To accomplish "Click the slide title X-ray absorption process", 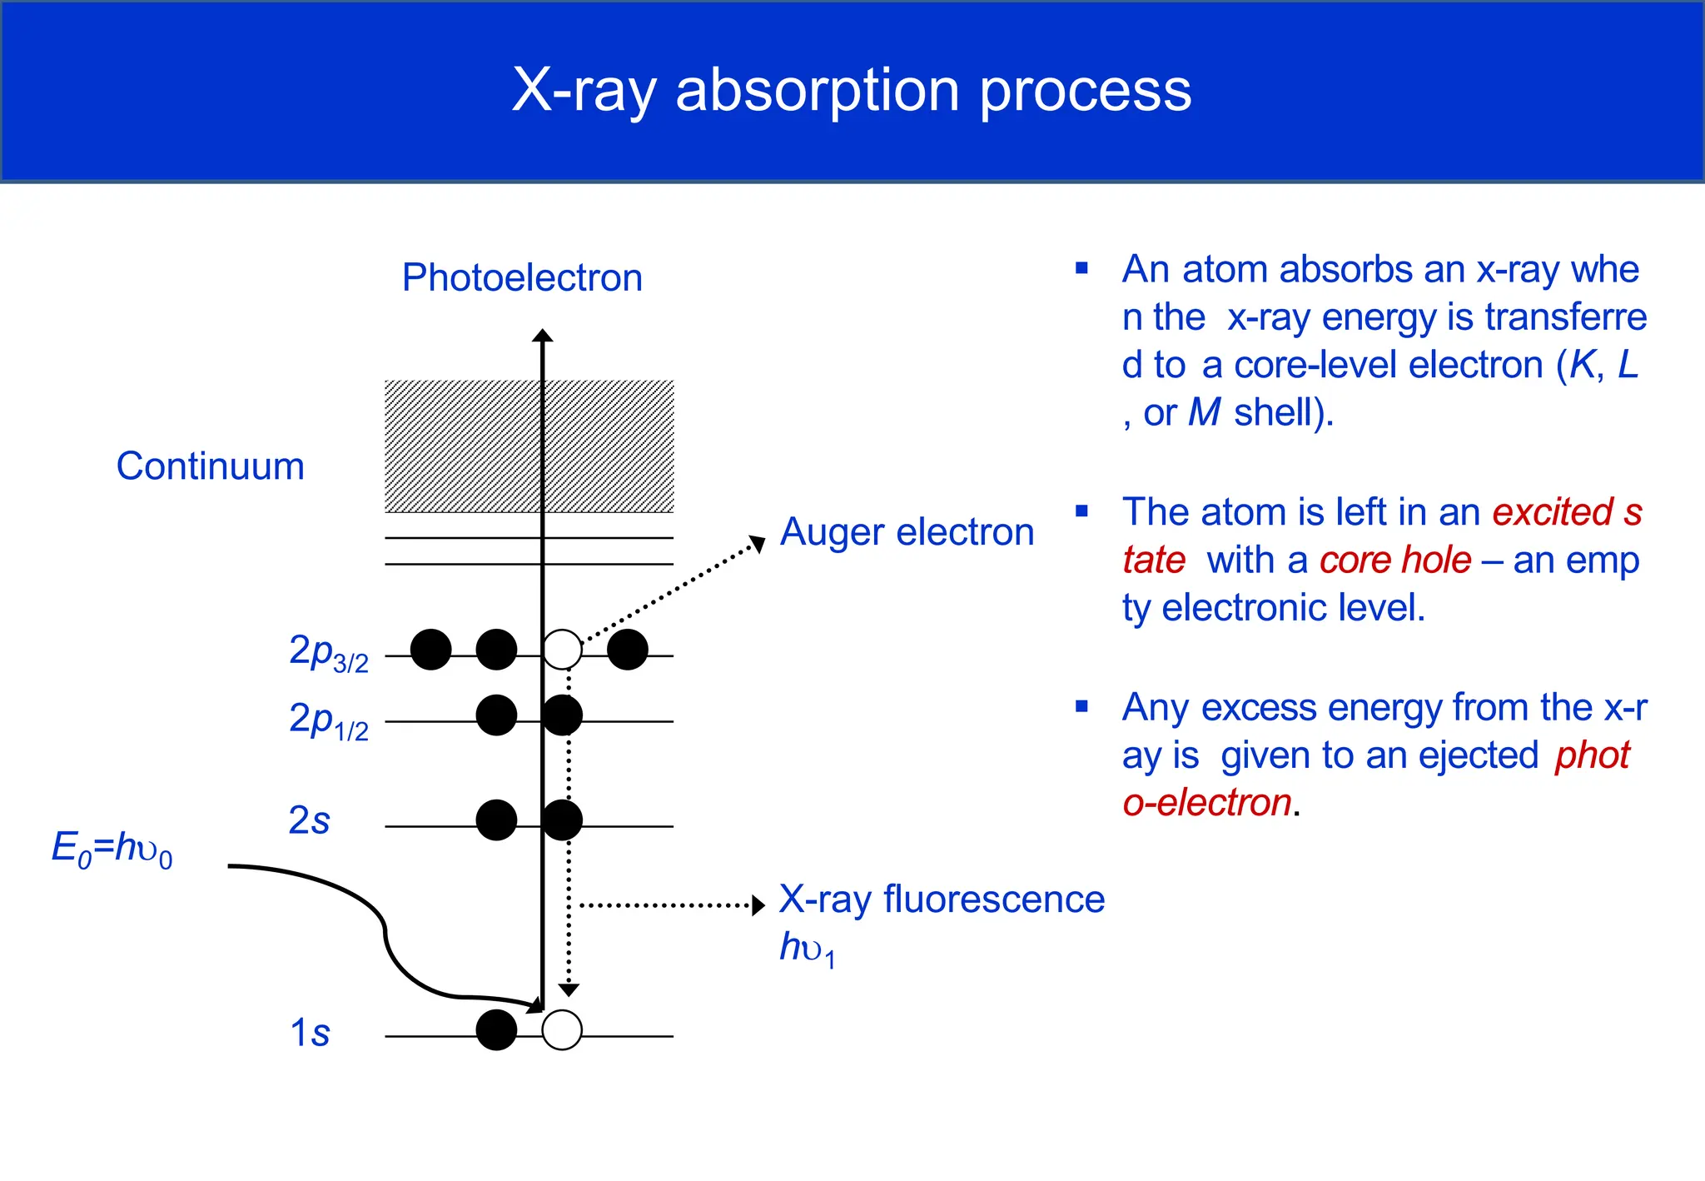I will click(851, 90).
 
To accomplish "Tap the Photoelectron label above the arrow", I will click(522, 277).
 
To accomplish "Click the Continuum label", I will click(210, 466).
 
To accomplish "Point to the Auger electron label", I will click(907, 532).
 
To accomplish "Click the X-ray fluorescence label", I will click(941, 899).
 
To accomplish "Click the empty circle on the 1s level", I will click(562, 1030).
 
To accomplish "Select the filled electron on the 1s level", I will click(496, 1030).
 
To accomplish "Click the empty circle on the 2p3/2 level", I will click(562, 650).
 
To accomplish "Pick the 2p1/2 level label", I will click(328, 720).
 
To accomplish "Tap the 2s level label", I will click(309, 820).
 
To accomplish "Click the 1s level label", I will click(309, 1033).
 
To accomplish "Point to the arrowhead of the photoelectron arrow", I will click(543, 336).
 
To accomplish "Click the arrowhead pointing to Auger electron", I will click(758, 543).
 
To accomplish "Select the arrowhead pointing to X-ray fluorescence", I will click(758, 905).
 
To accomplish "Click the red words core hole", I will click(1395, 560).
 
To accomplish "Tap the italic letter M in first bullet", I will click(1205, 412).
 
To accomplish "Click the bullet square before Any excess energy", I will click(1081, 707).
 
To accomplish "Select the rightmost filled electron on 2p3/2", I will click(628, 650).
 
